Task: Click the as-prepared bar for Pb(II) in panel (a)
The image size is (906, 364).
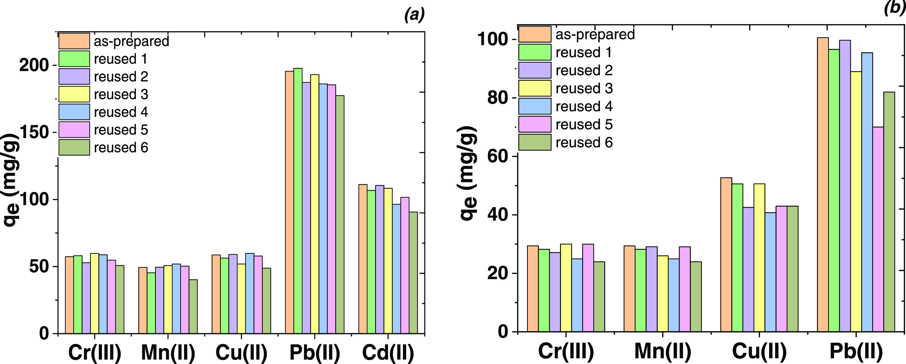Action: point(289,202)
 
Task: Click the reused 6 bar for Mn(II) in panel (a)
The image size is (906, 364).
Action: point(193,306)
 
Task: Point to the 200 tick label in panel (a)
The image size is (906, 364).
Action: point(34,65)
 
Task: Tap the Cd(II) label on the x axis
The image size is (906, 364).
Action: point(388,352)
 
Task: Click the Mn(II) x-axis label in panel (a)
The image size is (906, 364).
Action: point(168,352)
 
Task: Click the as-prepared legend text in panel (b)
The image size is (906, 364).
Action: point(595,34)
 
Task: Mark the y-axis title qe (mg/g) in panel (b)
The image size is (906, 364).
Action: point(469,173)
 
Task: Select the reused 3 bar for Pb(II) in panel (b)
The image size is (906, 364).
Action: point(856,201)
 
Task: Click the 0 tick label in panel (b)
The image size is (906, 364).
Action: point(503,332)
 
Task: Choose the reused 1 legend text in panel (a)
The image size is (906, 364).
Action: point(120,59)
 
